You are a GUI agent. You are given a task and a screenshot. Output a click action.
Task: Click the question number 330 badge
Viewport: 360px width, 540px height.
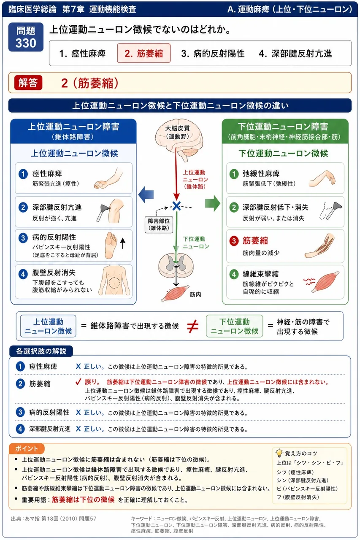click(26, 37)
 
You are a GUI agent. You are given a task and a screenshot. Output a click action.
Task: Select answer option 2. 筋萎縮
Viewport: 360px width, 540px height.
click(144, 53)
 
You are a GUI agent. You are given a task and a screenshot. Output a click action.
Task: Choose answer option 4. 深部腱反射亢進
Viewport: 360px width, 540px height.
click(295, 54)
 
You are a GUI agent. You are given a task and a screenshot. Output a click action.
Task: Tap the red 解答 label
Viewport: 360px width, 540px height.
click(28, 83)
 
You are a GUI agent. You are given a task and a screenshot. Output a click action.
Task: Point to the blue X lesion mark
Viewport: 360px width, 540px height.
click(176, 206)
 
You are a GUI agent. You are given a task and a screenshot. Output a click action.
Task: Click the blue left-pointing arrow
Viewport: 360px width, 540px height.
click(146, 194)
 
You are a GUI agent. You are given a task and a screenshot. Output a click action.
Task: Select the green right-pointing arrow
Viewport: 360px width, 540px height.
click(212, 203)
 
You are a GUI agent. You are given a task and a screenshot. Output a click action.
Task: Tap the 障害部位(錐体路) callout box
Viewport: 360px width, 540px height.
click(159, 224)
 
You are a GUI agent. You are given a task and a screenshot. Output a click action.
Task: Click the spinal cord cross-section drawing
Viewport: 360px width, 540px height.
click(176, 265)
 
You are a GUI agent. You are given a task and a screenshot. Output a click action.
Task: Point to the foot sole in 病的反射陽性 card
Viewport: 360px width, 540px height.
click(111, 245)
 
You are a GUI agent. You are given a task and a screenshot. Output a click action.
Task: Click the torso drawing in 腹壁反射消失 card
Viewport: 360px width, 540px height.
click(114, 280)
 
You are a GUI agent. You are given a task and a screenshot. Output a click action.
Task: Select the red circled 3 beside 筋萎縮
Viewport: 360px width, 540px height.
click(234, 240)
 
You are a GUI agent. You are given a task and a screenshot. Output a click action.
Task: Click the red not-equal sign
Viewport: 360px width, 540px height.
click(193, 327)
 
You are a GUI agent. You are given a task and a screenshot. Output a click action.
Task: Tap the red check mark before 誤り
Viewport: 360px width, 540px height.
click(78, 382)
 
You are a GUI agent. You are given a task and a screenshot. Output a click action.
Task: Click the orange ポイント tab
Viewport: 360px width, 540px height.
click(27, 448)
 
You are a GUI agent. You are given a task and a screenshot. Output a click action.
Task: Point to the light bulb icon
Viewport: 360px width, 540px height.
click(279, 453)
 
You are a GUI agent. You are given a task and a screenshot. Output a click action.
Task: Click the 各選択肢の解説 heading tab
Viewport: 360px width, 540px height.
click(41, 351)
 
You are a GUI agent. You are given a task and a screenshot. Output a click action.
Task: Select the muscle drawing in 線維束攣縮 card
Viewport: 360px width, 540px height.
click(325, 281)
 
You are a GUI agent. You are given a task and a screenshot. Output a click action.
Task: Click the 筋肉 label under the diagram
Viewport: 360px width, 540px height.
click(195, 294)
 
